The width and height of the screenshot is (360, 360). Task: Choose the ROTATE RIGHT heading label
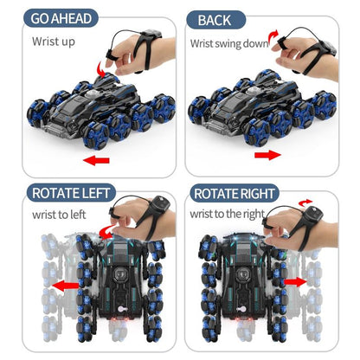(235, 194)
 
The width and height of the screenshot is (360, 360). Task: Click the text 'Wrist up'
(54, 41)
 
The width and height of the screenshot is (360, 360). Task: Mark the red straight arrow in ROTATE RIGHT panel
(294, 281)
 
